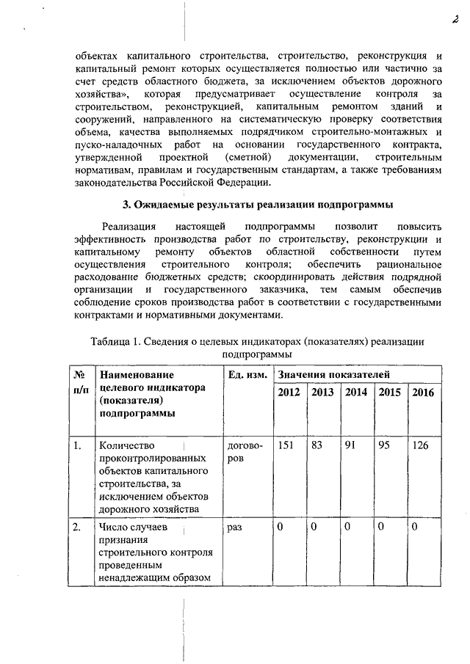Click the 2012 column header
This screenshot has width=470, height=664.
pos(289,393)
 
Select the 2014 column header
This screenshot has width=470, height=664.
pos(356,393)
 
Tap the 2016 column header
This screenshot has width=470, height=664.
pos(423,393)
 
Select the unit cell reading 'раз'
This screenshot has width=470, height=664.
pos(235,528)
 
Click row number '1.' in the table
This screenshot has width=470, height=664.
pos(77,445)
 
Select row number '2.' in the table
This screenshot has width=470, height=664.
pos(77,528)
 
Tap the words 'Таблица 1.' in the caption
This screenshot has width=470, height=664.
pos(115,342)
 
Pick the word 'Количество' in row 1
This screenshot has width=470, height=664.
pos(124,445)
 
